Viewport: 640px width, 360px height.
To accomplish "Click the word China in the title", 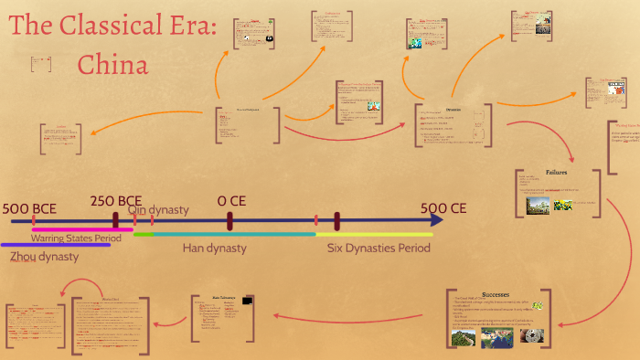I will [112, 65].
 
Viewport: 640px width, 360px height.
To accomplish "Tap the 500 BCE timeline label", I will [29, 209].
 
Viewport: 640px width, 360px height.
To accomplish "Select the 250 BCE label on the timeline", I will [116, 201].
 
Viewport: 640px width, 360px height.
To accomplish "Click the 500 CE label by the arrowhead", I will [443, 208].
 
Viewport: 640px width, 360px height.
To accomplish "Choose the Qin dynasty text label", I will [158, 210].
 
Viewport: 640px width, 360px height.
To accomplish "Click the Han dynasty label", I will [214, 248].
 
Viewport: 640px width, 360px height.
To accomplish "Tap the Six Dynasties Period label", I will [379, 248].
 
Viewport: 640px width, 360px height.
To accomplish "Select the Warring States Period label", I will [76, 238].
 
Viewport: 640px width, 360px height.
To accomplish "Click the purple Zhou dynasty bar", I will [55, 245].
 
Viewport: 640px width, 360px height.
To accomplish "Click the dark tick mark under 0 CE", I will [229, 221].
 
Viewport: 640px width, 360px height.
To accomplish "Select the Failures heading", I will [558, 172].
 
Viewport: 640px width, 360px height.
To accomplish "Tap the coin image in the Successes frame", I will [531, 336].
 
